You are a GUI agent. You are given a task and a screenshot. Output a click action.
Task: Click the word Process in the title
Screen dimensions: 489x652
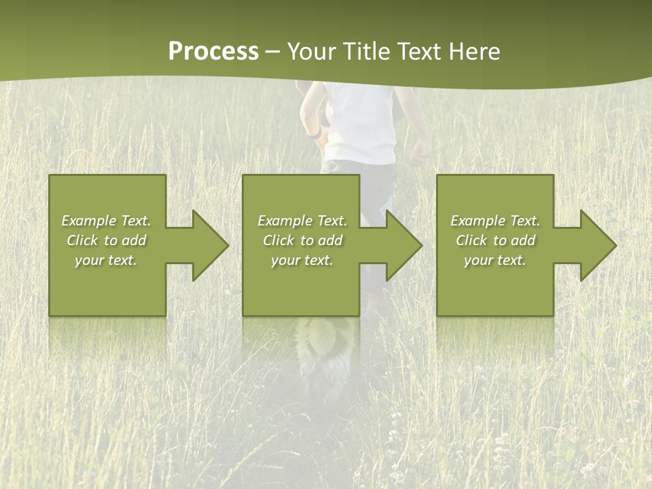(213, 52)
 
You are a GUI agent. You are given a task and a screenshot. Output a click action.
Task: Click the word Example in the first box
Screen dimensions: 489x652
(88, 221)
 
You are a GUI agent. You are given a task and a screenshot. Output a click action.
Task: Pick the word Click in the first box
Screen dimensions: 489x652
(83, 240)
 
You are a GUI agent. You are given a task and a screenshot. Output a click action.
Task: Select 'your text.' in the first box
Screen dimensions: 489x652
(106, 260)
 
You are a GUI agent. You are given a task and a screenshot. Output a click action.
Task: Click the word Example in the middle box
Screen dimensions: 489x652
(285, 221)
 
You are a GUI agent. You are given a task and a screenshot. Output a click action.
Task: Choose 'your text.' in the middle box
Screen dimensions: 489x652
(302, 260)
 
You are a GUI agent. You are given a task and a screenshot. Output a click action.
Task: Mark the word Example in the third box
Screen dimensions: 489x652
(478, 221)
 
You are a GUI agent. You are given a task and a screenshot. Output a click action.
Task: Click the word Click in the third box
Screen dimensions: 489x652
(472, 240)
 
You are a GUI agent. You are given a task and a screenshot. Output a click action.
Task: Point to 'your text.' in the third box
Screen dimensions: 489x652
(495, 260)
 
